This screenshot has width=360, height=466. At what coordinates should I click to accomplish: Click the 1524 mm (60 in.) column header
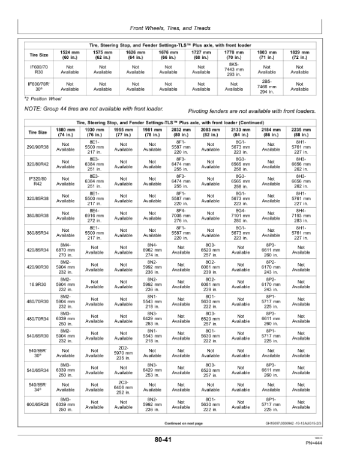[70, 55]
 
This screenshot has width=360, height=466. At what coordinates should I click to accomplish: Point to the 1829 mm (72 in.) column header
[299, 55]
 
